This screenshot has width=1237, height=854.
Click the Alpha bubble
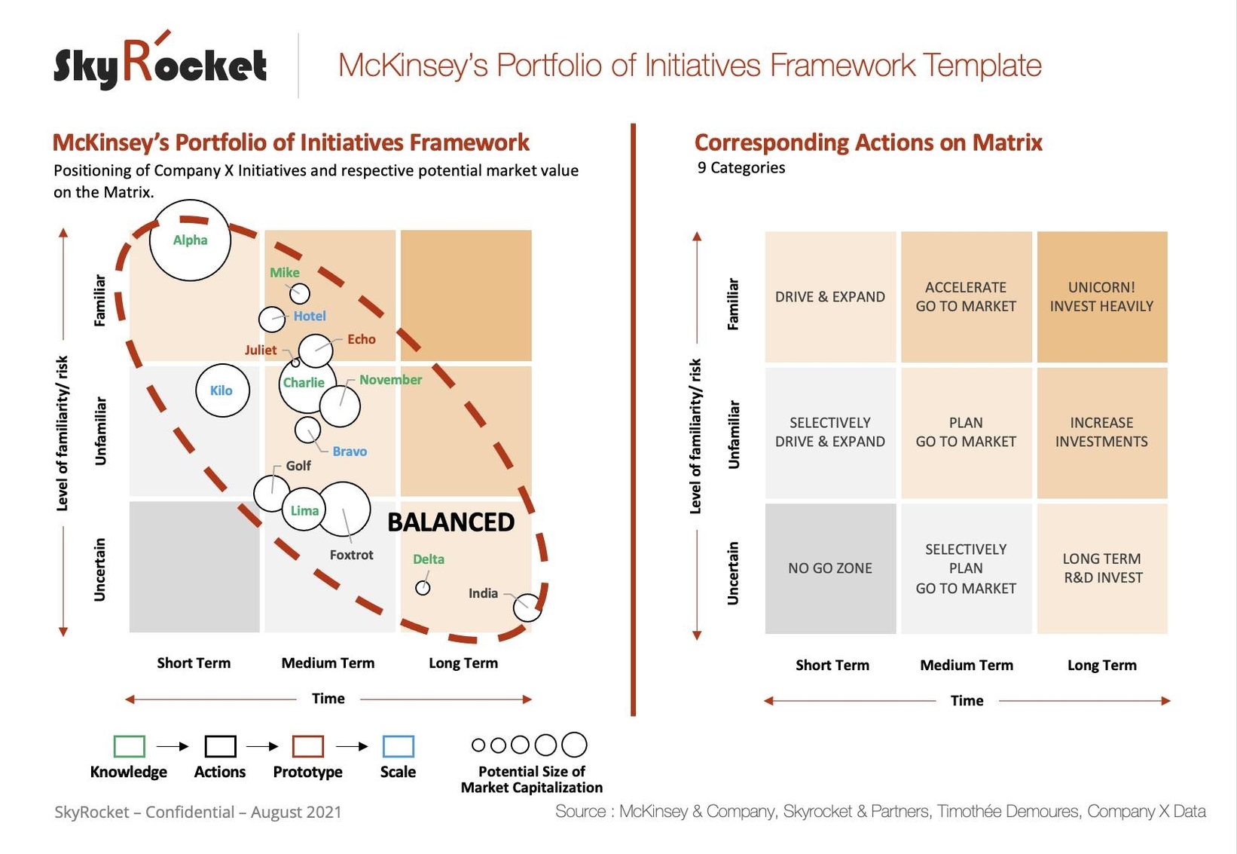click(190, 240)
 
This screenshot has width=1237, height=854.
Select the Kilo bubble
click(222, 390)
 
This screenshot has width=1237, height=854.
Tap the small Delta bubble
click(423, 588)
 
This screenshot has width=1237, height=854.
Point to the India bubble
click(527, 607)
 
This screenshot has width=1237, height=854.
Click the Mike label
click(285, 273)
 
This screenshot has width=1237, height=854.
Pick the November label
click(390, 380)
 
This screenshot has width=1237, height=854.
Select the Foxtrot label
click(351, 555)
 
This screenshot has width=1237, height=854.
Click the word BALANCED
click(451, 522)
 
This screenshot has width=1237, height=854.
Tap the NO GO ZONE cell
click(830, 568)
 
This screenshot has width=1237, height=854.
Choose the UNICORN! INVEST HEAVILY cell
click(1101, 297)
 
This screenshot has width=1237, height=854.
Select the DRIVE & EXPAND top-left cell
click(830, 297)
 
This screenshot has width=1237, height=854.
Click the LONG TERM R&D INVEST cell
click(1102, 568)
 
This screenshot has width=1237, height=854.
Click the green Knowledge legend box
click(129, 746)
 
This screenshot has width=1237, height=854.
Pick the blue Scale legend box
click(398, 746)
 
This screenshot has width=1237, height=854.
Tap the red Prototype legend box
click(307, 746)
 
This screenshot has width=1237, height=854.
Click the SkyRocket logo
click(160, 64)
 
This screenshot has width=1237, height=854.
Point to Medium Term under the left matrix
click(328, 663)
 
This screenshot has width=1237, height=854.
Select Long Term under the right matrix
click(1101, 666)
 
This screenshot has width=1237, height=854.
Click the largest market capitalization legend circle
click(574, 745)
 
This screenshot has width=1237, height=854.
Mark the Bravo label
click(350, 451)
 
